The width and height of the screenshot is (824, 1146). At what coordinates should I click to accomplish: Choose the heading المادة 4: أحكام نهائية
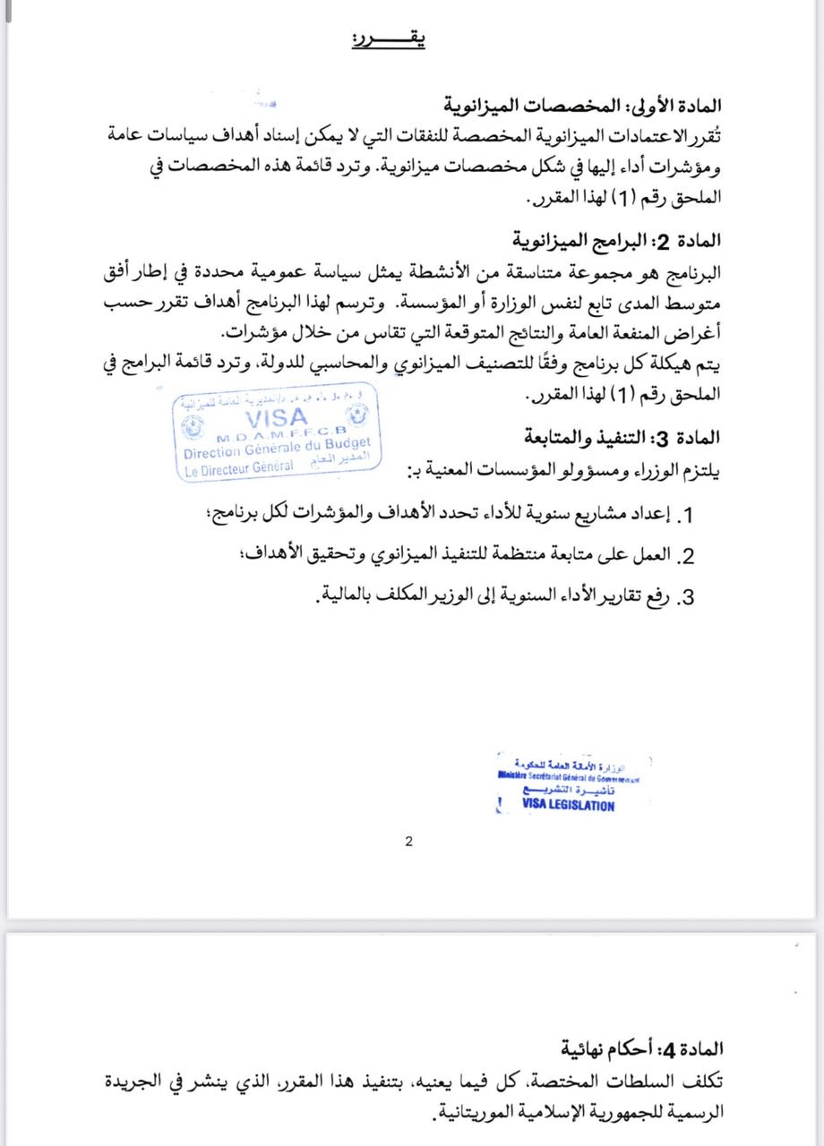click(642, 1048)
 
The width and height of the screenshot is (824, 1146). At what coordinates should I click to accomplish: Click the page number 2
click(408, 841)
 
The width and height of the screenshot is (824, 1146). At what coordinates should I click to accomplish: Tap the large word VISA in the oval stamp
click(276, 417)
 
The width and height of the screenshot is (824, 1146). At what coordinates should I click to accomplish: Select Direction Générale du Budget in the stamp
click(277, 449)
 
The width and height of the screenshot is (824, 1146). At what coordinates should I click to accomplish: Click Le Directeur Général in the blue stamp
click(239, 467)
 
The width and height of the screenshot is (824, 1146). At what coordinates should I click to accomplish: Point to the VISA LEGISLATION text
click(568, 805)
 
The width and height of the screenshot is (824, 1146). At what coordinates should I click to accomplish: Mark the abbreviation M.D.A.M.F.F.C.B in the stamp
click(273, 434)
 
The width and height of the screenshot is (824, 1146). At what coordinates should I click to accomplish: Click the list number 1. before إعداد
click(689, 517)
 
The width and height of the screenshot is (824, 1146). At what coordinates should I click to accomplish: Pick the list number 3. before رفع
click(688, 598)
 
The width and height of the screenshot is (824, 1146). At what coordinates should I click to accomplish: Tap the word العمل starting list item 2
click(649, 556)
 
